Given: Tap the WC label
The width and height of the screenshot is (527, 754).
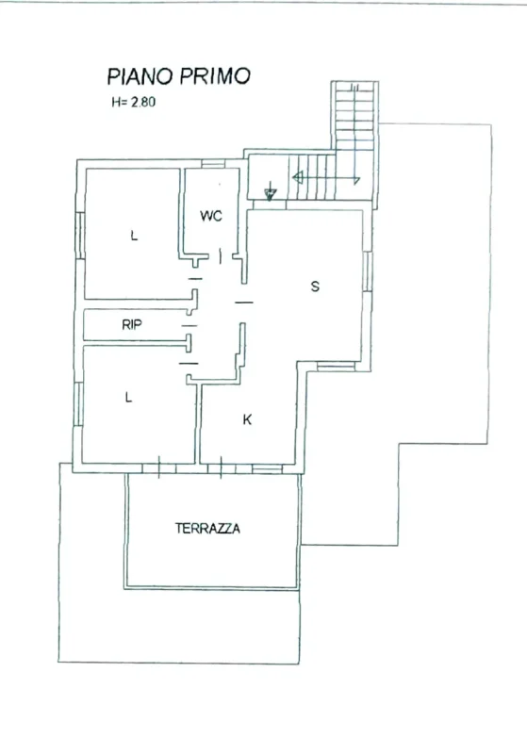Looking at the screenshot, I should tap(210, 216).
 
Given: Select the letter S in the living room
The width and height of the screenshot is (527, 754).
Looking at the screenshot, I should tap(315, 287).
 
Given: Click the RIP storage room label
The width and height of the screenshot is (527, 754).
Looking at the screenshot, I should tap(132, 325).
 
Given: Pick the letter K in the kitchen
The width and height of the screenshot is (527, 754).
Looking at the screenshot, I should tap(248, 419).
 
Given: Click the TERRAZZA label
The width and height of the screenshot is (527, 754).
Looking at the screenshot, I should tap(207, 529).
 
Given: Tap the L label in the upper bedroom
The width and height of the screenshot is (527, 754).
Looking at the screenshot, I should tap(134, 237).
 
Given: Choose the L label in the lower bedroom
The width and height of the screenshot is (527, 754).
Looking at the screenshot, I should tap(129, 398).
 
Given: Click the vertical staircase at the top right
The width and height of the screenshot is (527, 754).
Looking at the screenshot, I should tap(355, 123).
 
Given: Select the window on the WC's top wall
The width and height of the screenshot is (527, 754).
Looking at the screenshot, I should tap(214, 166).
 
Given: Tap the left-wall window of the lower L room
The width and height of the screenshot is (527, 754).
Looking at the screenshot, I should tap(78, 400).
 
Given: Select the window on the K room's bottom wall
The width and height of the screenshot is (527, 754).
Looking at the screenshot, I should tap(267, 467).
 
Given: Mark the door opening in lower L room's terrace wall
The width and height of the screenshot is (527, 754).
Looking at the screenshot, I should tap(165, 466).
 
